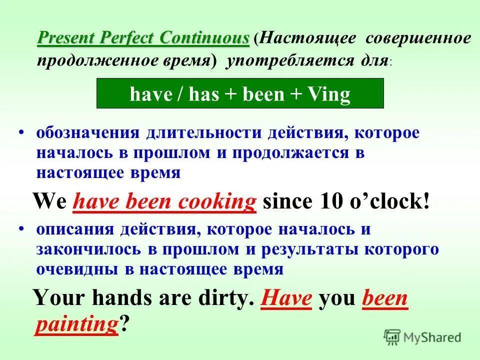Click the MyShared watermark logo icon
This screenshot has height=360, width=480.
(393, 336)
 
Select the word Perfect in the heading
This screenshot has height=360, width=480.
(130, 38)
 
